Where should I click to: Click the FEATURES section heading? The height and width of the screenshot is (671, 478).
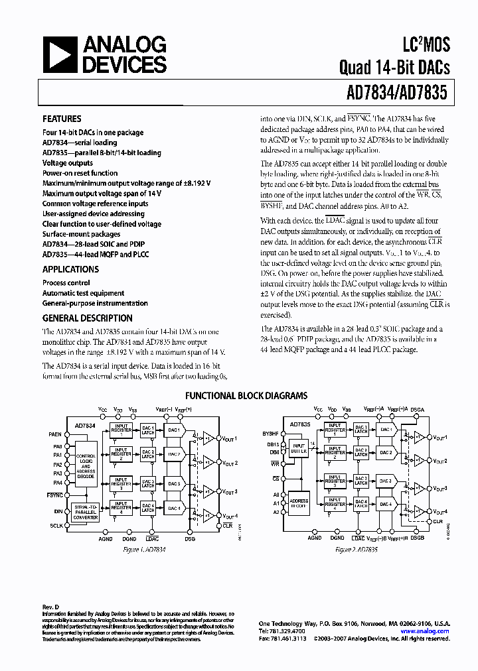click(x=62, y=119)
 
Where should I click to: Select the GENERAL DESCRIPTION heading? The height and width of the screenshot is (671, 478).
click(x=87, y=318)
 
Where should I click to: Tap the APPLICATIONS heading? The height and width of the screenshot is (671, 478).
click(x=70, y=270)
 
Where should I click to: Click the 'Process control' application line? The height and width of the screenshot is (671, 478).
click(x=66, y=282)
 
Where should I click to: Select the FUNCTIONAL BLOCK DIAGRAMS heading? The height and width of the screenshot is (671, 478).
click(x=246, y=396)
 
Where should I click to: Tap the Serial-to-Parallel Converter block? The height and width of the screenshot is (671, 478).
click(x=86, y=511)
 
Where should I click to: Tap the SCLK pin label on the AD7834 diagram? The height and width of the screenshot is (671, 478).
click(x=56, y=524)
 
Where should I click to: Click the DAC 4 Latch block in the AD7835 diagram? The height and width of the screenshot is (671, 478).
click(x=360, y=507)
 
